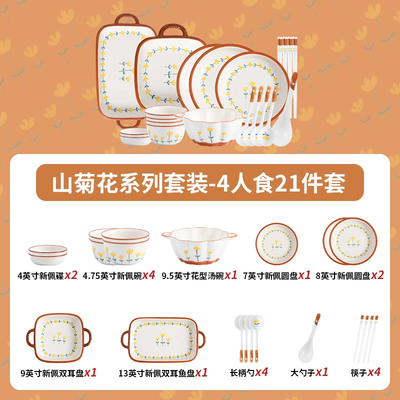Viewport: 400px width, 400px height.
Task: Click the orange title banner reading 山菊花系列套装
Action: [199, 182]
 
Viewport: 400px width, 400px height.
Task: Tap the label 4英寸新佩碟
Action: [40, 276]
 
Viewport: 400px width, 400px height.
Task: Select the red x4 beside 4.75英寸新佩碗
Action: [148, 275]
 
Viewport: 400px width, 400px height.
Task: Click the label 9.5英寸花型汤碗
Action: [193, 276]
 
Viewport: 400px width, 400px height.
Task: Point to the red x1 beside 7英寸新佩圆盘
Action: [304, 275]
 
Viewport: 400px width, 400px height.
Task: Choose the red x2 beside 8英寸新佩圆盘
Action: [377, 275]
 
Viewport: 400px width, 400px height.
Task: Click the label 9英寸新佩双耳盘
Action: [52, 373]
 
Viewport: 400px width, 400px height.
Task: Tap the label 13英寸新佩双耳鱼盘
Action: [156, 373]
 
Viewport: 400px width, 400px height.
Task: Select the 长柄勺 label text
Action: [242, 373]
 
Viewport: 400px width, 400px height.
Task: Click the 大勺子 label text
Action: [303, 373]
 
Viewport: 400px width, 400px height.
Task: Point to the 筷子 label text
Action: [359, 373]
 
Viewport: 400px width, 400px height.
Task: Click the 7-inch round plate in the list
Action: [277, 244]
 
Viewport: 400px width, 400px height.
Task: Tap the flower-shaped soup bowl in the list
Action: [199, 245]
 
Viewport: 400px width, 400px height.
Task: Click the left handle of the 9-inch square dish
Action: [30, 338]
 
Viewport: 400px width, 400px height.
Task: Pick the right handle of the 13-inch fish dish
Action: [201, 339]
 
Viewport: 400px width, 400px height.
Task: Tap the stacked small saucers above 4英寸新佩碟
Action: [47, 254]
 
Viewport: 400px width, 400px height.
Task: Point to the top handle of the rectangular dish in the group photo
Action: [127, 19]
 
